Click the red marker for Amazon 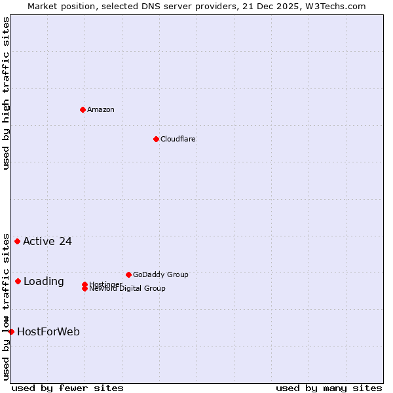coord(83,109)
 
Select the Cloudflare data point coord(156,139)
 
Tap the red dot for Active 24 coord(17,241)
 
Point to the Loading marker coord(18,281)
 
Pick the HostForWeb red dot coord(11,331)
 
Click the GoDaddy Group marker coord(128,274)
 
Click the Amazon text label coord(101,109)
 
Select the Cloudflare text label coord(178,139)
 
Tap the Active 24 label coord(47,241)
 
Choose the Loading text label coord(44,281)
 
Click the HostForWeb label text coord(48,331)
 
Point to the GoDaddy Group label coord(160,274)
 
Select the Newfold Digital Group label coord(128,289)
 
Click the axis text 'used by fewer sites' coord(67,388)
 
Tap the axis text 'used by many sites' coord(329,388)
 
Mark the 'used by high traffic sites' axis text coord(6,93)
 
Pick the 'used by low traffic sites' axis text coord(6,306)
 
